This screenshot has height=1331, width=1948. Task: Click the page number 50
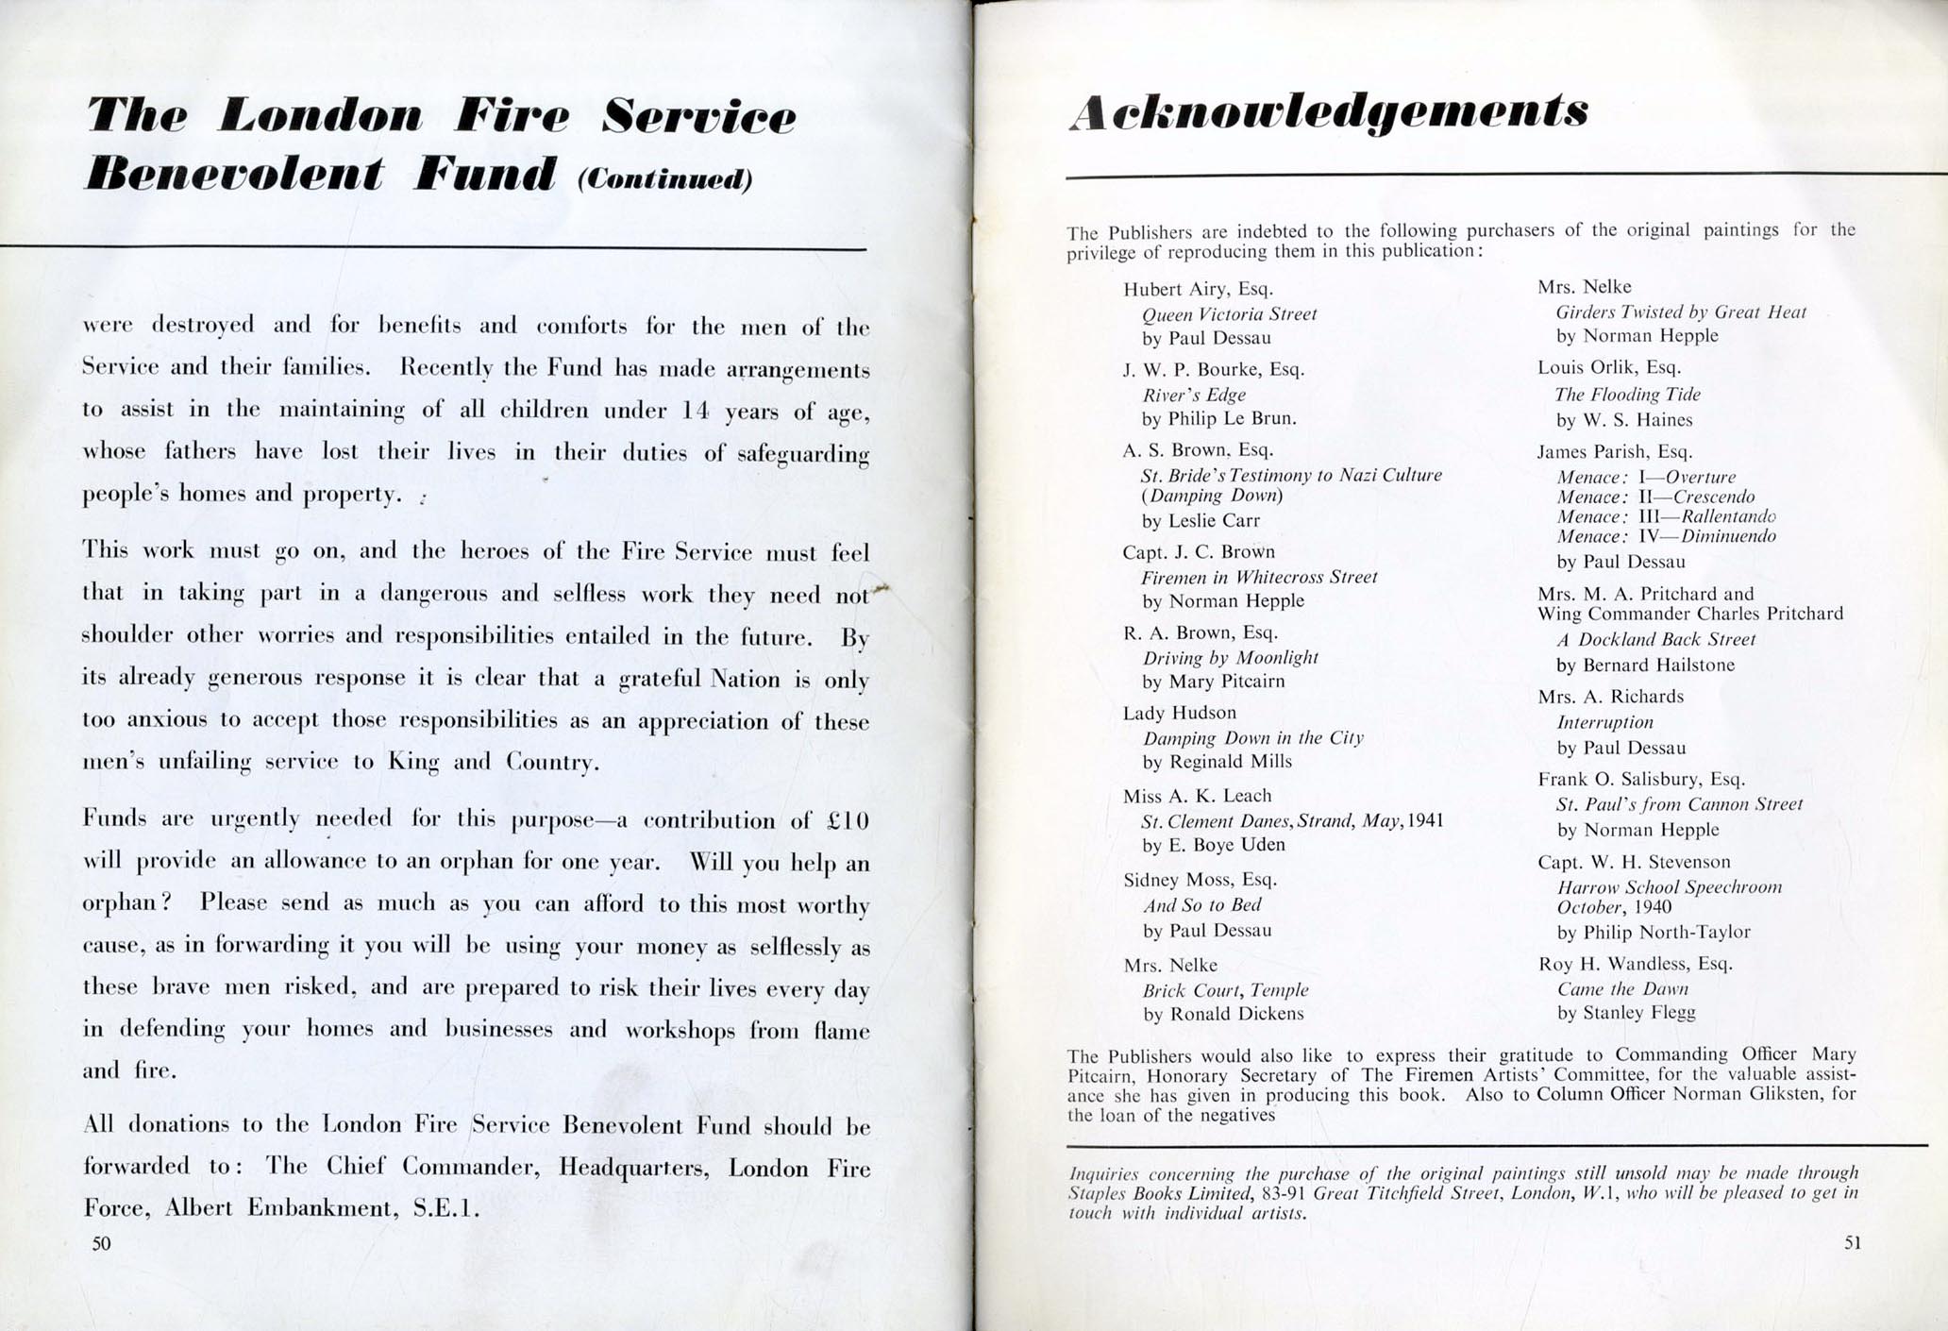(102, 1243)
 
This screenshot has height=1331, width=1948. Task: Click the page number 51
(1853, 1242)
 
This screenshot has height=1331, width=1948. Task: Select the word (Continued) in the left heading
(664, 179)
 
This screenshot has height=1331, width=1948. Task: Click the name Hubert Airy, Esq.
(1198, 290)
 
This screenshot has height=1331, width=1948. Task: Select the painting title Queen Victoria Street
(1229, 314)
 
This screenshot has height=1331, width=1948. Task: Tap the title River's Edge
(1194, 395)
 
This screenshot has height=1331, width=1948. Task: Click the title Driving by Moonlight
(1230, 657)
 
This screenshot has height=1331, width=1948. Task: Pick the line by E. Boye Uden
(1214, 845)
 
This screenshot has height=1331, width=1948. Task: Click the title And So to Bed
(1201, 905)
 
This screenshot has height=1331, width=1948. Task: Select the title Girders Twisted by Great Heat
(1680, 312)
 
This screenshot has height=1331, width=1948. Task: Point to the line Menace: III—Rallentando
(1666, 516)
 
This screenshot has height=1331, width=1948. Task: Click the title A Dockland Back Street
(1655, 639)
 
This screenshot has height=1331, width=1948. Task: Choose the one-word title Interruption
(1604, 722)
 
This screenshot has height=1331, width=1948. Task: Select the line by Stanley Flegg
(1625, 1013)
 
